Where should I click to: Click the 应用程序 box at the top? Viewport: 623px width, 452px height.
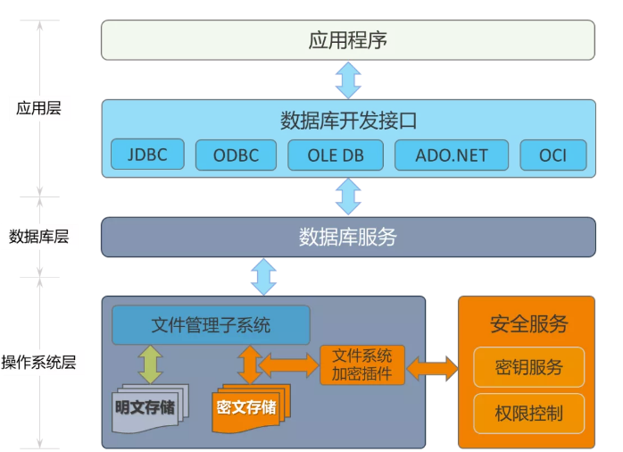pyautogui.click(x=348, y=40)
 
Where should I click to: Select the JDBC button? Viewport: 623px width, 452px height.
pyautogui.click(x=146, y=155)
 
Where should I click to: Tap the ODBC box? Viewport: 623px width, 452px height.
pyautogui.click(x=236, y=155)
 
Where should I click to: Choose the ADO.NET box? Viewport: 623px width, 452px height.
pyautogui.click(x=452, y=155)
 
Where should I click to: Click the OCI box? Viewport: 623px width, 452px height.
pyautogui.click(x=553, y=155)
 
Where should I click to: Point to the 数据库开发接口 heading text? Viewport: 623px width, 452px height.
pyautogui.click(x=348, y=119)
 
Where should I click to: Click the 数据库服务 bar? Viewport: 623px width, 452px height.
pyautogui.click(x=348, y=238)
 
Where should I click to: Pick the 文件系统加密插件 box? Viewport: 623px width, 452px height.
pyautogui.click(x=361, y=364)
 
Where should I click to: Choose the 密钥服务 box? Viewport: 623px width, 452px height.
pyautogui.click(x=528, y=367)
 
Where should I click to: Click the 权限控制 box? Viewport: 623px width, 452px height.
pyautogui.click(x=528, y=413)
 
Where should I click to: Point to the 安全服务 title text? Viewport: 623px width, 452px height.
pyautogui.click(x=528, y=323)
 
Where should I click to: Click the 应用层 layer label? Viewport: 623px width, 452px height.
pyautogui.click(x=38, y=109)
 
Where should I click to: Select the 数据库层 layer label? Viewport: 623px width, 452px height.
pyautogui.click(x=38, y=237)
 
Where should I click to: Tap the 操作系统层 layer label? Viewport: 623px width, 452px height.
pyautogui.click(x=38, y=363)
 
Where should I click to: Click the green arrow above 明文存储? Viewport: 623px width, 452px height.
pyautogui.click(x=151, y=364)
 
